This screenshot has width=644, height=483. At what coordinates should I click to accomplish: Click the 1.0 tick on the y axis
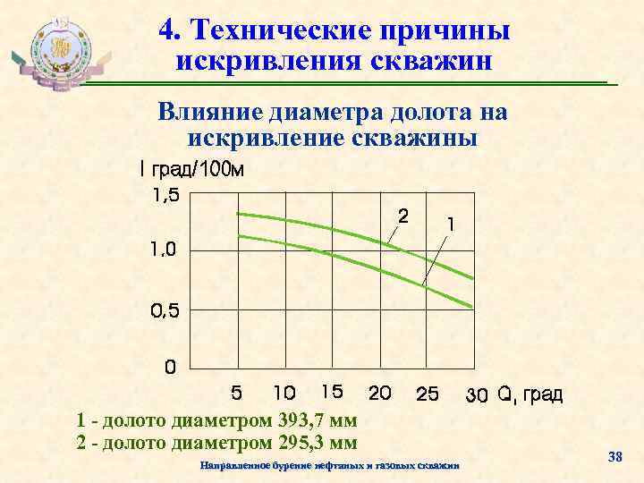164,250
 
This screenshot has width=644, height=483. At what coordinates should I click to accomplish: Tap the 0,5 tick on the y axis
164,311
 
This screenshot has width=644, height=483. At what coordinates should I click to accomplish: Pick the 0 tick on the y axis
168,367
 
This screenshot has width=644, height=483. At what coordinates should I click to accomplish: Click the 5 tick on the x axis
236,392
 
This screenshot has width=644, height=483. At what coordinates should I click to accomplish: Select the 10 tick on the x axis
284,392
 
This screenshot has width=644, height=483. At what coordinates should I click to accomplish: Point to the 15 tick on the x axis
331,391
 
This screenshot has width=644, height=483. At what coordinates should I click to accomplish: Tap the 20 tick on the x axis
380,392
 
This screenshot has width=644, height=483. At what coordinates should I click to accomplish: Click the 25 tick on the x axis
428,394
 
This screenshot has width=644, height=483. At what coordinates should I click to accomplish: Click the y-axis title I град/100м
191,170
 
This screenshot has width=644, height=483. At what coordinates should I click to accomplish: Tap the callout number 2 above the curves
403,216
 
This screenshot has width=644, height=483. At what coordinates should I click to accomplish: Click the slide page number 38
614,458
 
